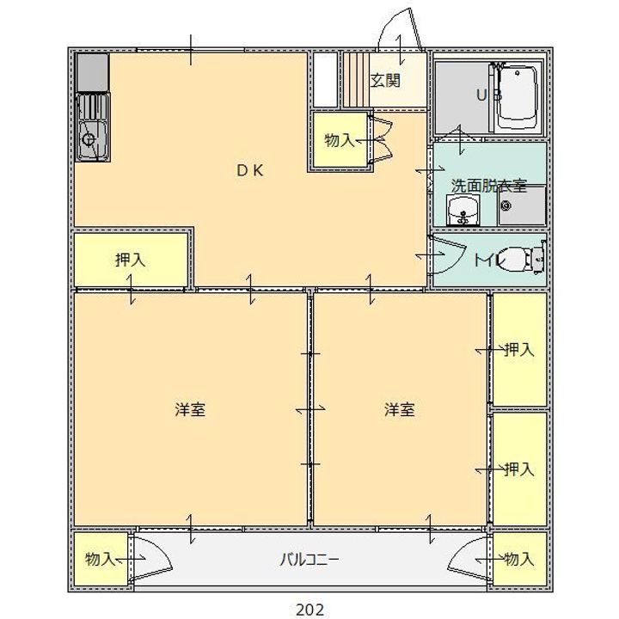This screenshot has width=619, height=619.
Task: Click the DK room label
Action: [250, 170]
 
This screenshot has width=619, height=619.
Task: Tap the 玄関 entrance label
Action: [385, 81]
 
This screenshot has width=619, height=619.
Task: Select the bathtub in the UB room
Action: [518, 97]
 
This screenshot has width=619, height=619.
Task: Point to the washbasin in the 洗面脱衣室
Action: [463, 210]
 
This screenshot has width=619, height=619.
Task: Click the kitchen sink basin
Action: [92, 139]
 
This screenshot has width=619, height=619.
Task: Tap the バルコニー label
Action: [309, 560]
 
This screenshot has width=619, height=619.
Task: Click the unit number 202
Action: [309, 610]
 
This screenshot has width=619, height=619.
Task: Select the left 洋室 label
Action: [190, 409]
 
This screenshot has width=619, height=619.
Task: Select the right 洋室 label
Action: [400, 409]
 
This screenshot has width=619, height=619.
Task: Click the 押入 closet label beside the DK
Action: [131, 260]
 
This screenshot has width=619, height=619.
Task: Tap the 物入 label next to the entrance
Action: [340, 140]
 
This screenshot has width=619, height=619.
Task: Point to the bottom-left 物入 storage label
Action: [101, 559]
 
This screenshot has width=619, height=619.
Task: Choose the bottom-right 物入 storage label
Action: [519, 559]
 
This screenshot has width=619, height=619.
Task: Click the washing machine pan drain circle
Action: [506, 205]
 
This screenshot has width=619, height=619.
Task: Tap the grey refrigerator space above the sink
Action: [92, 72]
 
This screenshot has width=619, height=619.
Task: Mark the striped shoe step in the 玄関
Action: [356, 80]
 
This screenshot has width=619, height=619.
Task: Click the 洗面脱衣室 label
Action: [489, 186]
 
